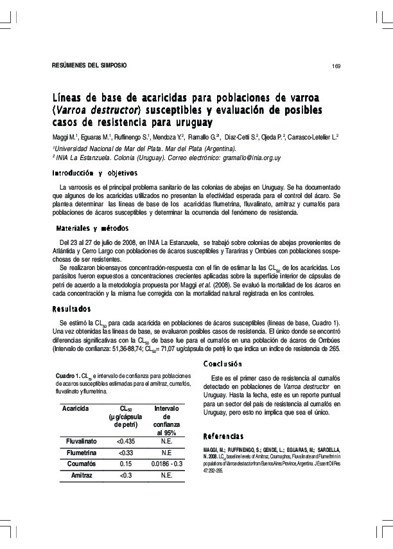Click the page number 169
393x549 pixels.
(335, 67)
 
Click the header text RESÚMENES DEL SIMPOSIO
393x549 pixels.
(89, 66)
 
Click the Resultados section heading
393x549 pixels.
(72, 308)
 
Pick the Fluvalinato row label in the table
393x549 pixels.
(82, 441)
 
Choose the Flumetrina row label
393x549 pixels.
(82, 452)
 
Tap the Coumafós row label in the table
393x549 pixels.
(82, 464)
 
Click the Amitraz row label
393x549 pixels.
(82, 475)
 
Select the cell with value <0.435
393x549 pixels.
(126, 441)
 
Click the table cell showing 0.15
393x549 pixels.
(126, 464)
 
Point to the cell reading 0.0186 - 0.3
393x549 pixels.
(166, 464)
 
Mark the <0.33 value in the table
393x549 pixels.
(126, 452)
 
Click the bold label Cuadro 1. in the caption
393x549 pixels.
(67, 375)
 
